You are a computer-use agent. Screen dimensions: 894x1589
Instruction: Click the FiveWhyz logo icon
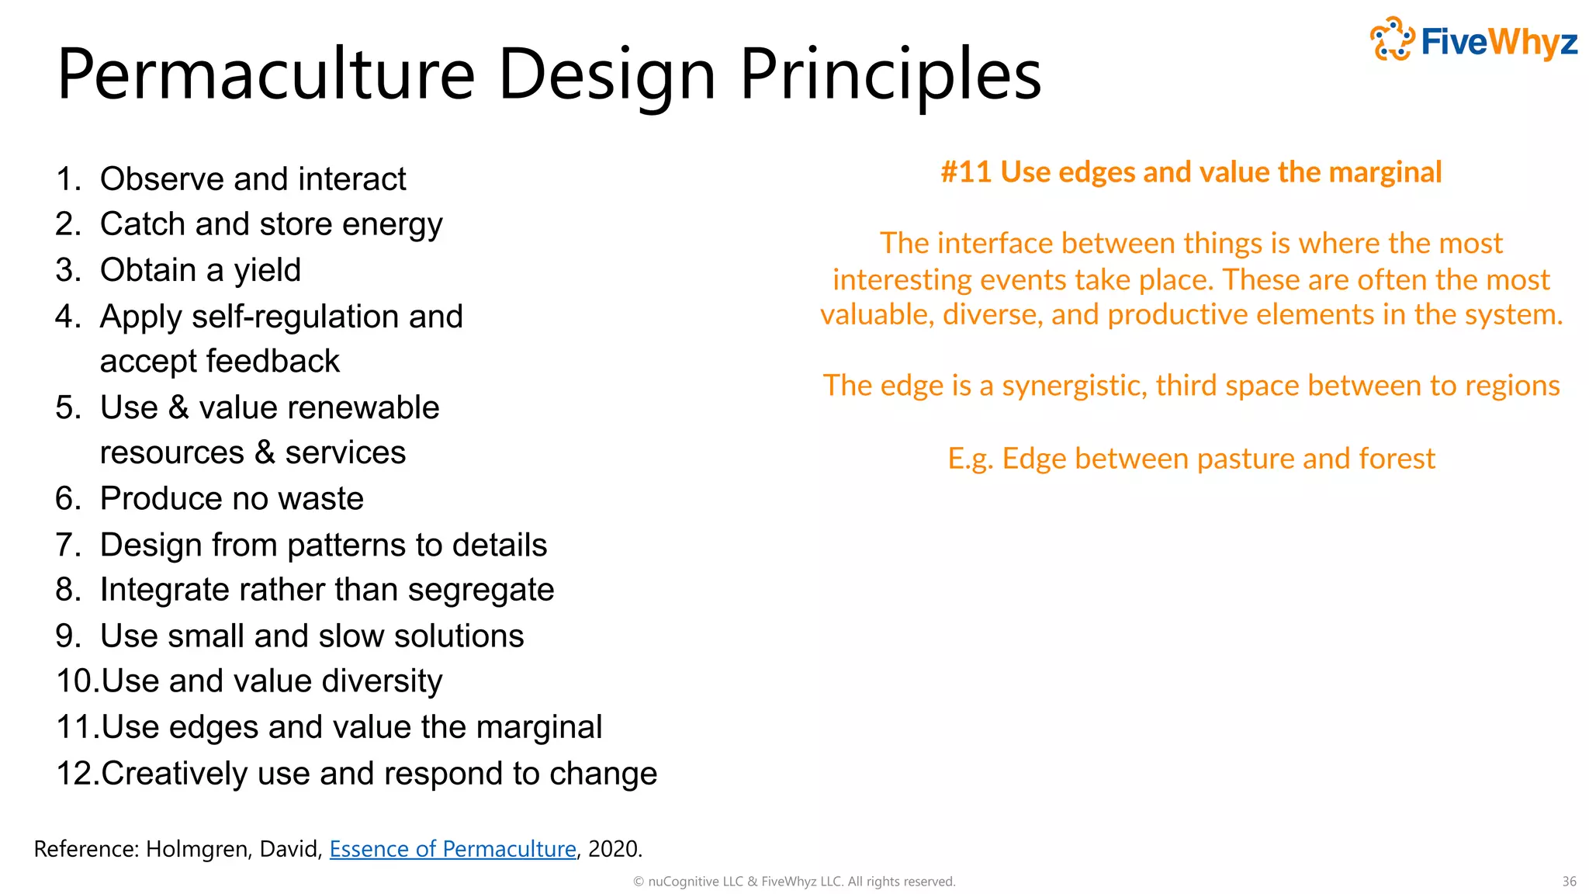pos(1392,39)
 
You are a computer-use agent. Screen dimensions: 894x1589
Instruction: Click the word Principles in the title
pos(890,74)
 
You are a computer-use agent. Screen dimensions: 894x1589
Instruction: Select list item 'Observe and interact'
pos(253,179)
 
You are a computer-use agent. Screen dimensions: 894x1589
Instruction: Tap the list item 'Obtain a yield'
pos(200,270)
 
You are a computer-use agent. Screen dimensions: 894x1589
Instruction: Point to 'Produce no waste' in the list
pos(231,498)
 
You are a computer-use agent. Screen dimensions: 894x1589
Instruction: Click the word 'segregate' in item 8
pos(481,590)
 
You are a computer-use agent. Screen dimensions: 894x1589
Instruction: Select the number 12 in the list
pos(75,774)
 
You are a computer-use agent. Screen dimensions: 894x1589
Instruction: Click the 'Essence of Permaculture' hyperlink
pos(452,849)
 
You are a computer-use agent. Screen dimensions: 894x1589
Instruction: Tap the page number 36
pos(1569,882)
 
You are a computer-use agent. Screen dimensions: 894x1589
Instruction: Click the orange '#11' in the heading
pos(966,172)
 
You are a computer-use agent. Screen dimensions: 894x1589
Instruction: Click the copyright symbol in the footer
pos(639,882)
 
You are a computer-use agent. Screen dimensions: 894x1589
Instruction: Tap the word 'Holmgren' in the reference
pos(197,849)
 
